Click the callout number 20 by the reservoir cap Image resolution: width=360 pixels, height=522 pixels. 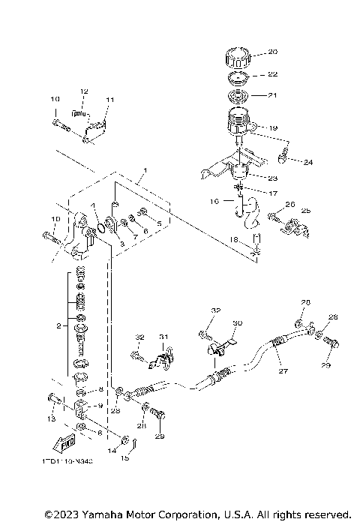272,52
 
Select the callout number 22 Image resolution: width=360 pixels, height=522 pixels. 272,75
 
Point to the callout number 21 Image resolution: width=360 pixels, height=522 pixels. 272,95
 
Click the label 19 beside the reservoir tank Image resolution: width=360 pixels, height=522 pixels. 272,128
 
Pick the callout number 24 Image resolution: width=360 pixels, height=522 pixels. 308,162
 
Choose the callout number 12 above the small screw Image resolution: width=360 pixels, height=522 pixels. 84,91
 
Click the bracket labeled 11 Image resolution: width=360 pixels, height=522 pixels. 96,127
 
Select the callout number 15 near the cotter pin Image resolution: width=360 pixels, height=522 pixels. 125,457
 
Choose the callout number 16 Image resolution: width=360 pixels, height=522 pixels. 214,202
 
